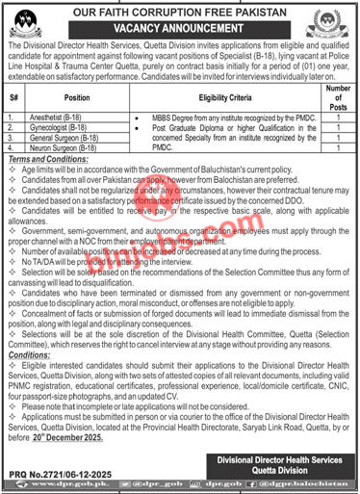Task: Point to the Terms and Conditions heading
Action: [39, 157]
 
